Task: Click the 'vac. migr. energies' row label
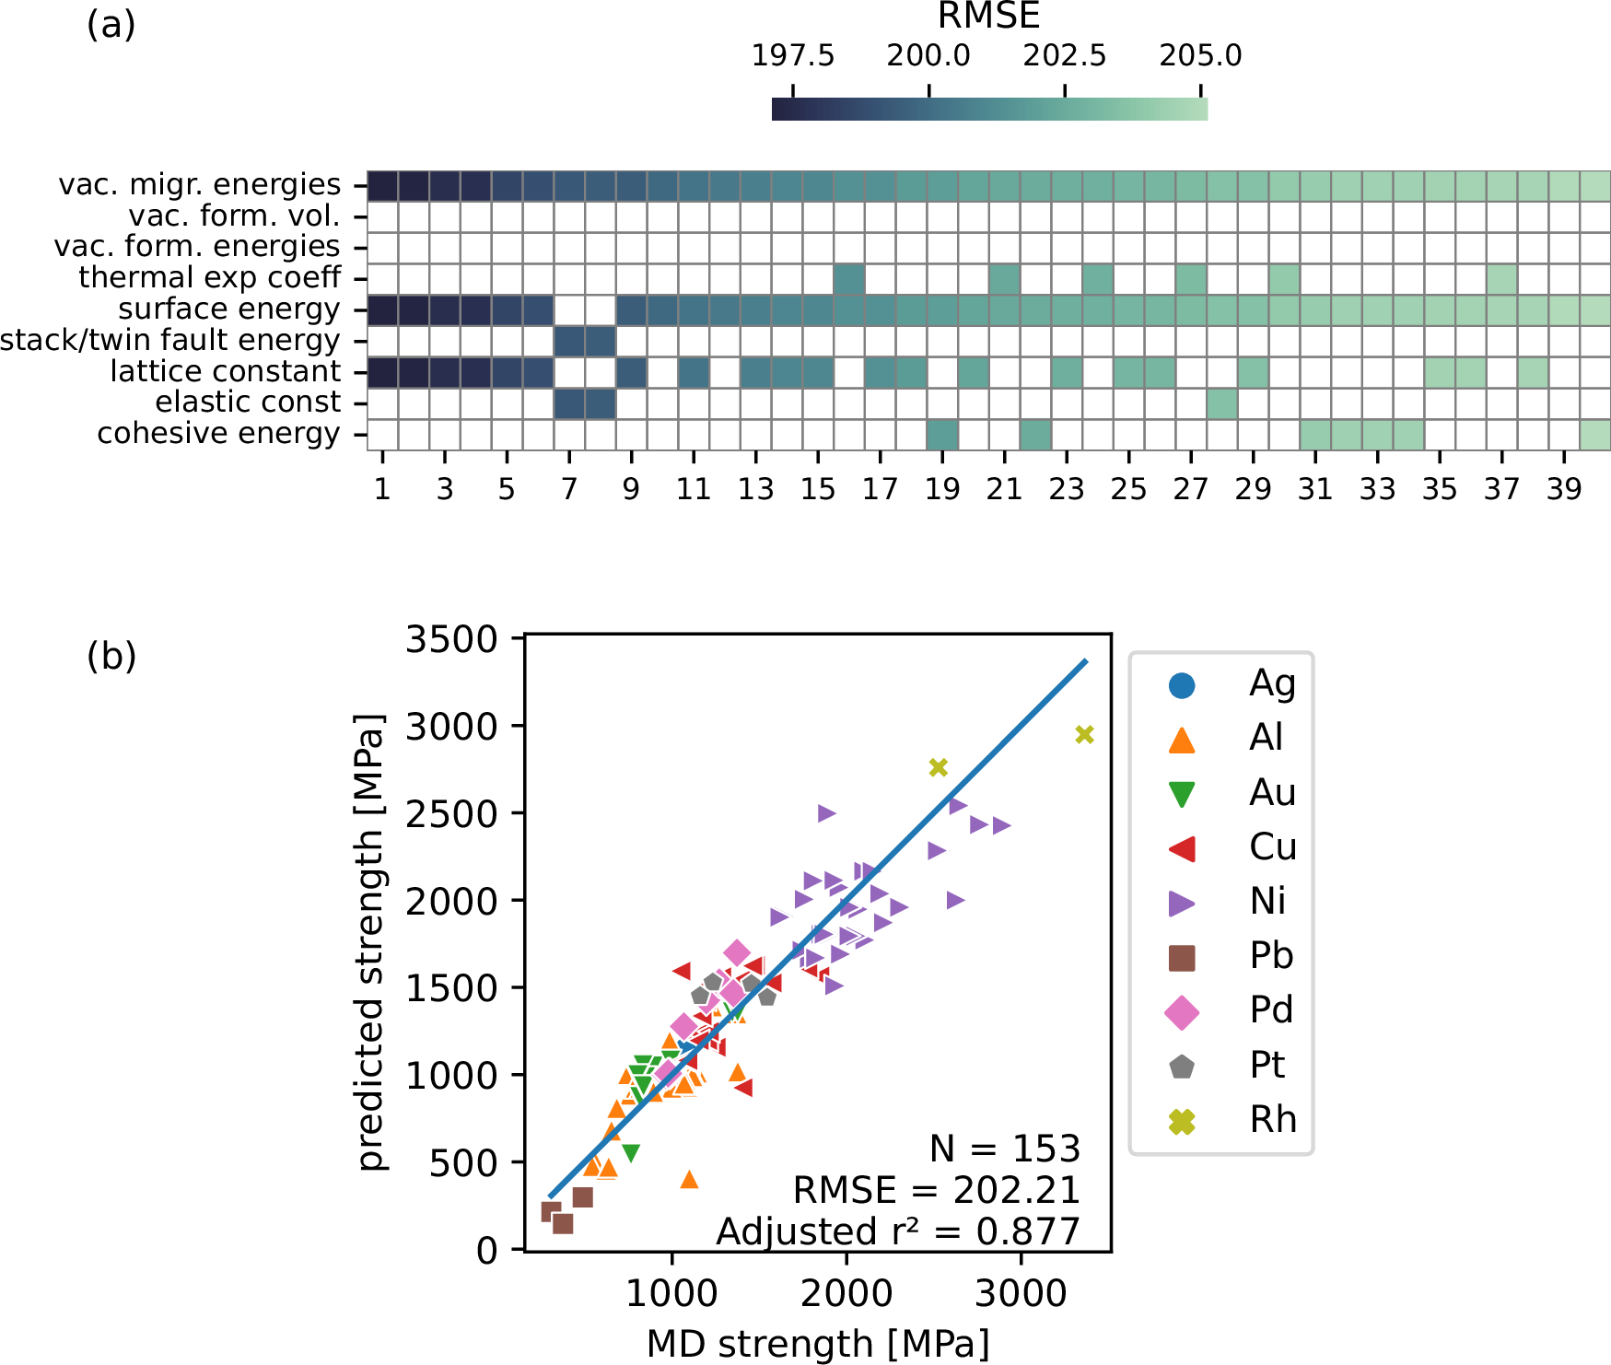click(x=199, y=185)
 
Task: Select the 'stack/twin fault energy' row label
click(x=170, y=341)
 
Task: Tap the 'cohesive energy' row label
click(x=218, y=434)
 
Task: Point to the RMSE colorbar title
click(x=988, y=17)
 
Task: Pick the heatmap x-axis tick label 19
click(x=942, y=489)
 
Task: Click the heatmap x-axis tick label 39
click(x=1564, y=489)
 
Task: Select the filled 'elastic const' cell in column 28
click(x=1222, y=403)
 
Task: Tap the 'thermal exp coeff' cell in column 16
click(x=848, y=279)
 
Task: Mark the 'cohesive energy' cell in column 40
click(x=1595, y=434)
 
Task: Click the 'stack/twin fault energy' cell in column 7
click(x=569, y=342)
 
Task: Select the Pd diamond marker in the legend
click(x=1182, y=1011)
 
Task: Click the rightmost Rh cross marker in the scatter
click(x=1084, y=734)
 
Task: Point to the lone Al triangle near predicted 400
click(x=689, y=1179)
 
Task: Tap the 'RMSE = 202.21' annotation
click(x=936, y=1190)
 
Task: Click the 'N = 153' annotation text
click(x=1004, y=1149)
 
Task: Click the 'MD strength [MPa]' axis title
click(x=818, y=1344)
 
